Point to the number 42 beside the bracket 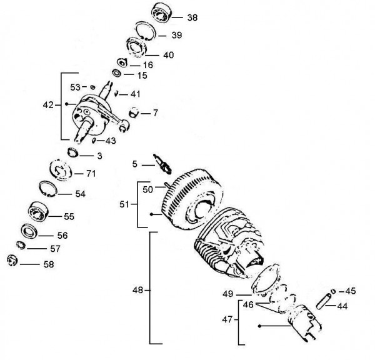click(48, 105)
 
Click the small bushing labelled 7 click(133, 113)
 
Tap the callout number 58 click(47, 264)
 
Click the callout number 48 click(138, 290)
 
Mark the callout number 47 click(227, 319)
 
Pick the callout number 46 click(248, 306)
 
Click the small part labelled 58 click(10, 260)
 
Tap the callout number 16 click(147, 64)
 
